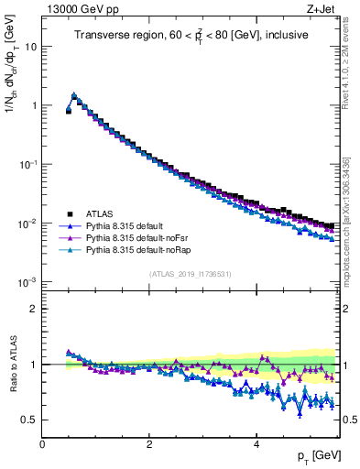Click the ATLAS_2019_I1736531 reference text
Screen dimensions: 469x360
point(190,273)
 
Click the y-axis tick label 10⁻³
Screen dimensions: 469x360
point(27,282)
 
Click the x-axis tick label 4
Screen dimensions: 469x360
point(256,444)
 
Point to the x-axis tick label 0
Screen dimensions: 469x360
point(42,444)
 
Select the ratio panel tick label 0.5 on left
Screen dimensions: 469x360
point(29,420)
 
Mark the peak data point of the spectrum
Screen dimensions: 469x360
point(74,95)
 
